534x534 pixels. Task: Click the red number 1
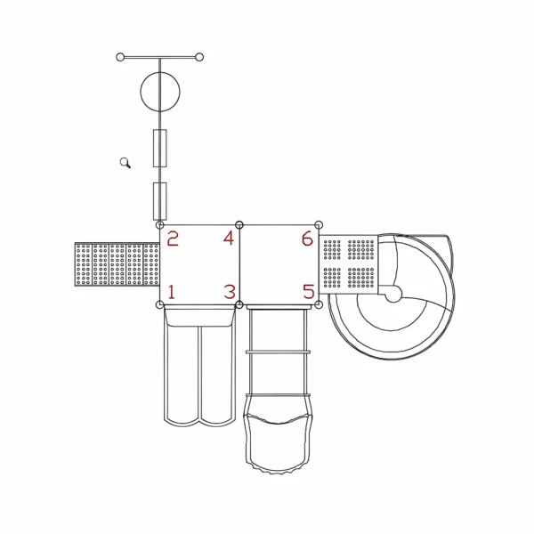pyautogui.click(x=171, y=292)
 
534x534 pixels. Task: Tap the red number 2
pyautogui.click(x=173, y=239)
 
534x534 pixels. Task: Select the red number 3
pyautogui.click(x=230, y=292)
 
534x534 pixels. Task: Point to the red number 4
pyautogui.click(x=229, y=238)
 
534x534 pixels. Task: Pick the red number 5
pyautogui.click(x=309, y=292)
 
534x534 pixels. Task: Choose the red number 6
pyautogui.click(x=308, y=238)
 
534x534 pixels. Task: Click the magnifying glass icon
pyautogui.click(x=125, y=163)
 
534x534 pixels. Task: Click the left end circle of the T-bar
pyautogui.click(x=120, y=57)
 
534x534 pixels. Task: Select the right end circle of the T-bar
pyautogui.click(x=199, y=57)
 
